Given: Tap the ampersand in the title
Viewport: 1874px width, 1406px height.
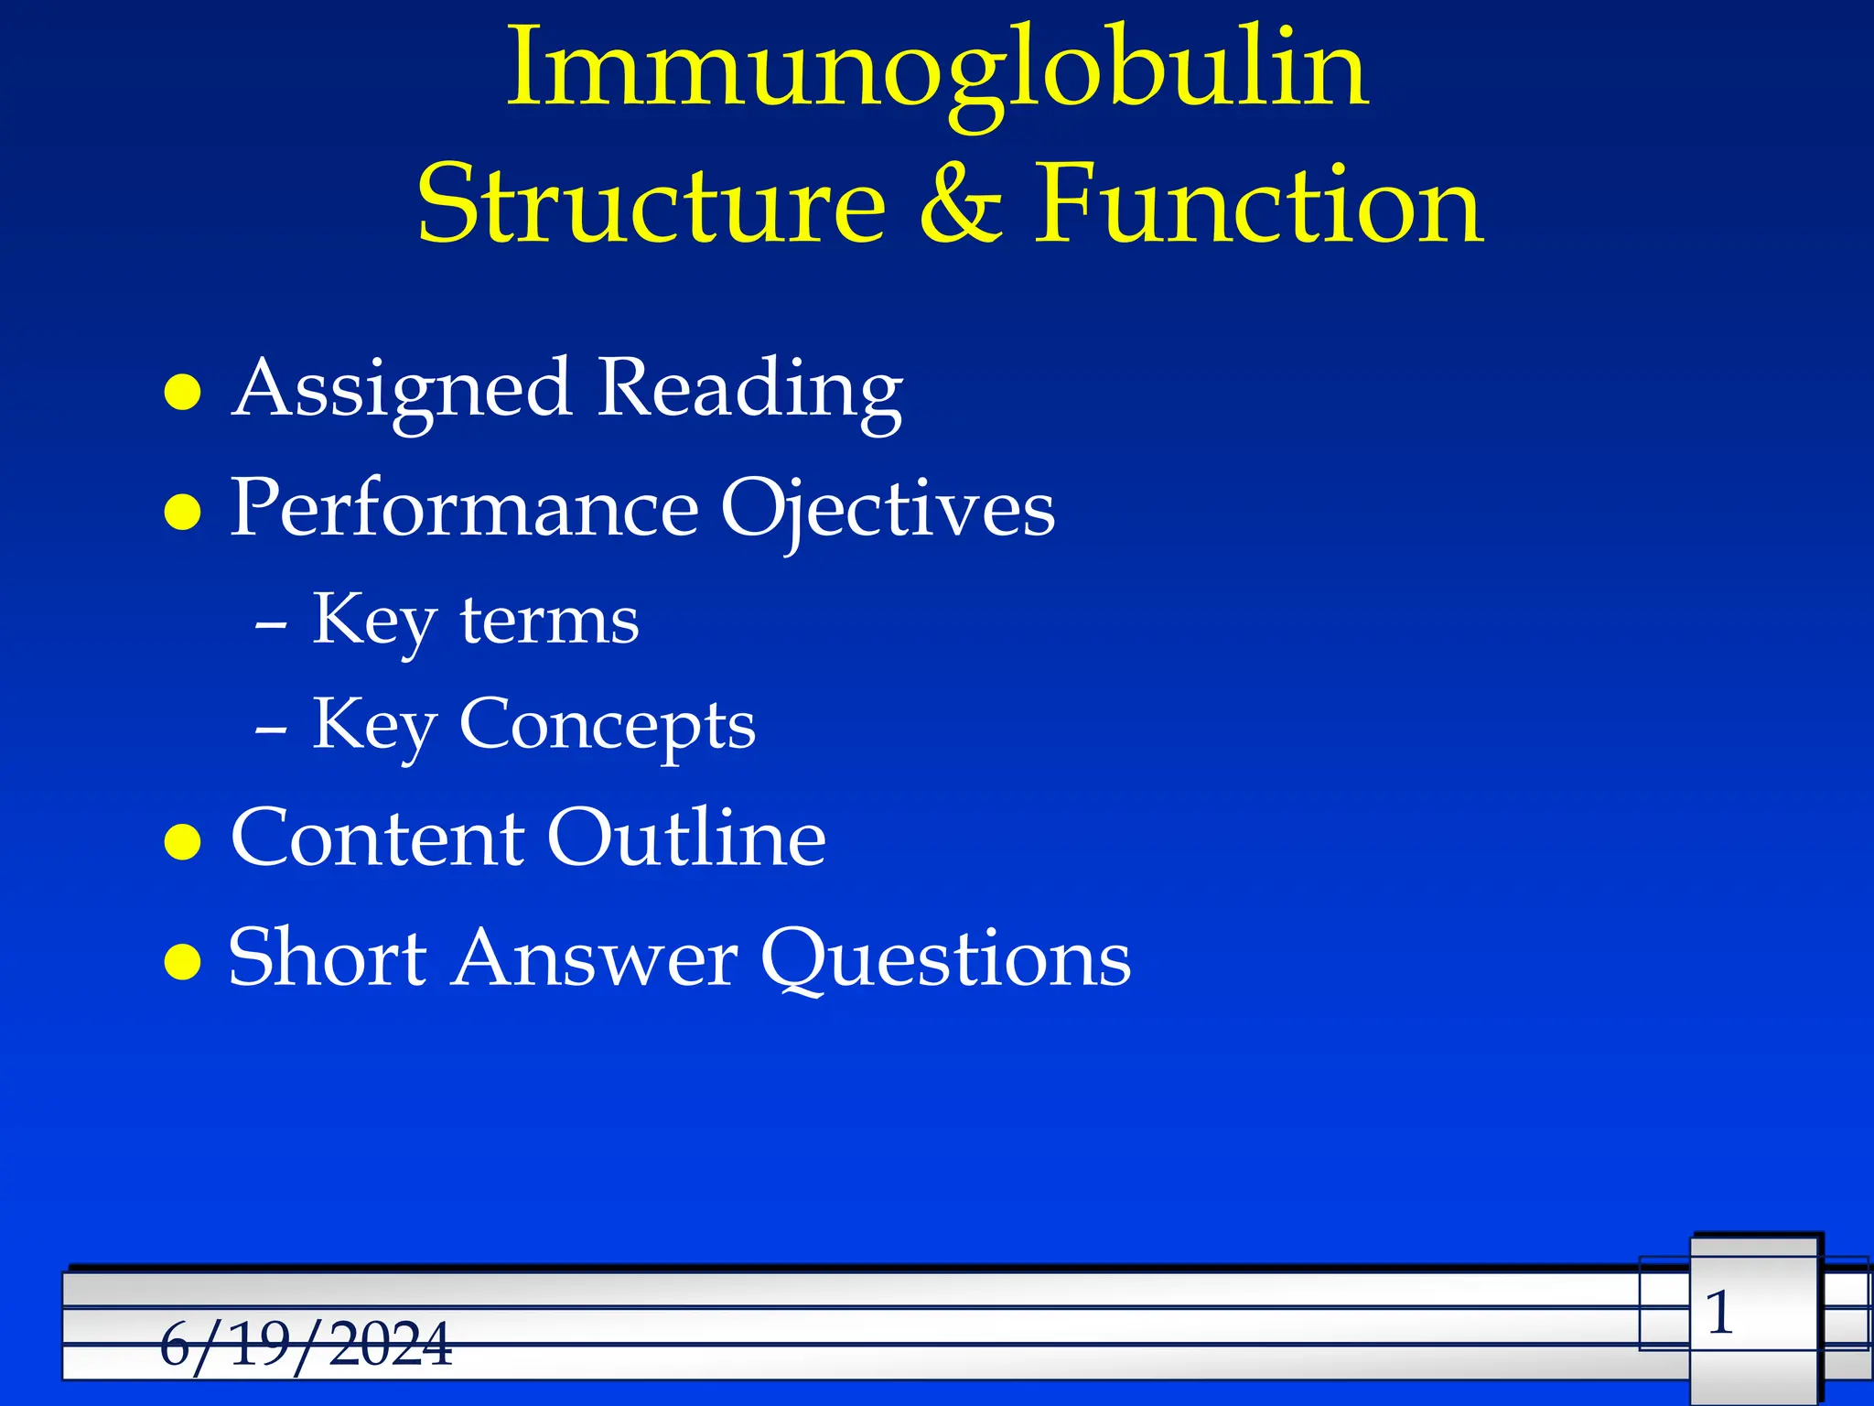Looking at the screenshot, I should coord(961,205).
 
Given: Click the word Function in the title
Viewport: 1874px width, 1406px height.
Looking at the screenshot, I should coord(1258,205).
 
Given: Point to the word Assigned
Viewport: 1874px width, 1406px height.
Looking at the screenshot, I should coord(403,390).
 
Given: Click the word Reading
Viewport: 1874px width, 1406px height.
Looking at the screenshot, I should coord(750,390).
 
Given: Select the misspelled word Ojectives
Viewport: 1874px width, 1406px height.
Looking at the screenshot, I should coord(888,510).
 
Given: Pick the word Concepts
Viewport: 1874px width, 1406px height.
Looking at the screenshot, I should coord(608,726).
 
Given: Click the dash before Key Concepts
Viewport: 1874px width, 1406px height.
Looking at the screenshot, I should coord(272,730).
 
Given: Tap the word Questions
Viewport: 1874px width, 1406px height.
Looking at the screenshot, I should coord(946,959).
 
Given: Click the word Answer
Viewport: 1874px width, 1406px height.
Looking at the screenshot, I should coord(595,959).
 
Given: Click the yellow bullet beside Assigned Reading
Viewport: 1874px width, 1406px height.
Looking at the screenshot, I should coord(182,393).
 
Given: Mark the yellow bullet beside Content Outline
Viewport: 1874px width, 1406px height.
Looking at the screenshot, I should coord(182,842).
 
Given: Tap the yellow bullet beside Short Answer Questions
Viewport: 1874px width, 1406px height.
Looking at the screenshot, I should coord(182,962).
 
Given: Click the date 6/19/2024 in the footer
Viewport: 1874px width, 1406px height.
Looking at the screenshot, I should coord(306,1344).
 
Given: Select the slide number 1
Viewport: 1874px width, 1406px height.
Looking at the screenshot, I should coord(1720,1313).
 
